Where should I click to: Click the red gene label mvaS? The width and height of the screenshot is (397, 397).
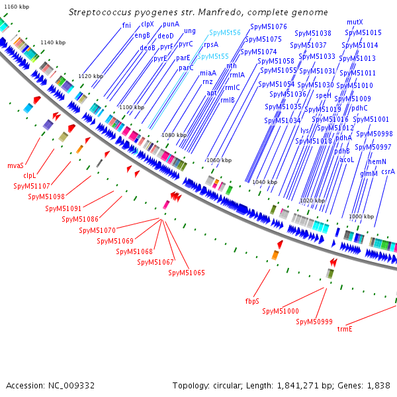coord(16,165)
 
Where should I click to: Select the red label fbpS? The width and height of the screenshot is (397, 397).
coord(252,301)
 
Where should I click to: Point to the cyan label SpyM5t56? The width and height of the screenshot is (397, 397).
coord(225,32)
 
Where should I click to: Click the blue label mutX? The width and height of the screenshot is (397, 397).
coord(355,22)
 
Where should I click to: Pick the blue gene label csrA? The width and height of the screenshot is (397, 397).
coord(388,171)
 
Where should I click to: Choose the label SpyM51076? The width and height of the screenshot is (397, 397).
coord(269,26)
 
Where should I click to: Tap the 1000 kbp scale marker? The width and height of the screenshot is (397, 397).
coord(361,216)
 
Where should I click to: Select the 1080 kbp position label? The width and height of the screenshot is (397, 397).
coord(174,135)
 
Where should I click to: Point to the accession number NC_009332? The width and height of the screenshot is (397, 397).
coord(71,385)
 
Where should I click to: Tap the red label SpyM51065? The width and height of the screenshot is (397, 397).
coord(187,273)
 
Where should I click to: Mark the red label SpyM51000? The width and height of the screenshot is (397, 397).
coord(281,311)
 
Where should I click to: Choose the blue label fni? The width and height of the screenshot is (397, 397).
coord(126,25)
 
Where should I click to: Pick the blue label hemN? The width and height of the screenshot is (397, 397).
coord(377,161)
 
